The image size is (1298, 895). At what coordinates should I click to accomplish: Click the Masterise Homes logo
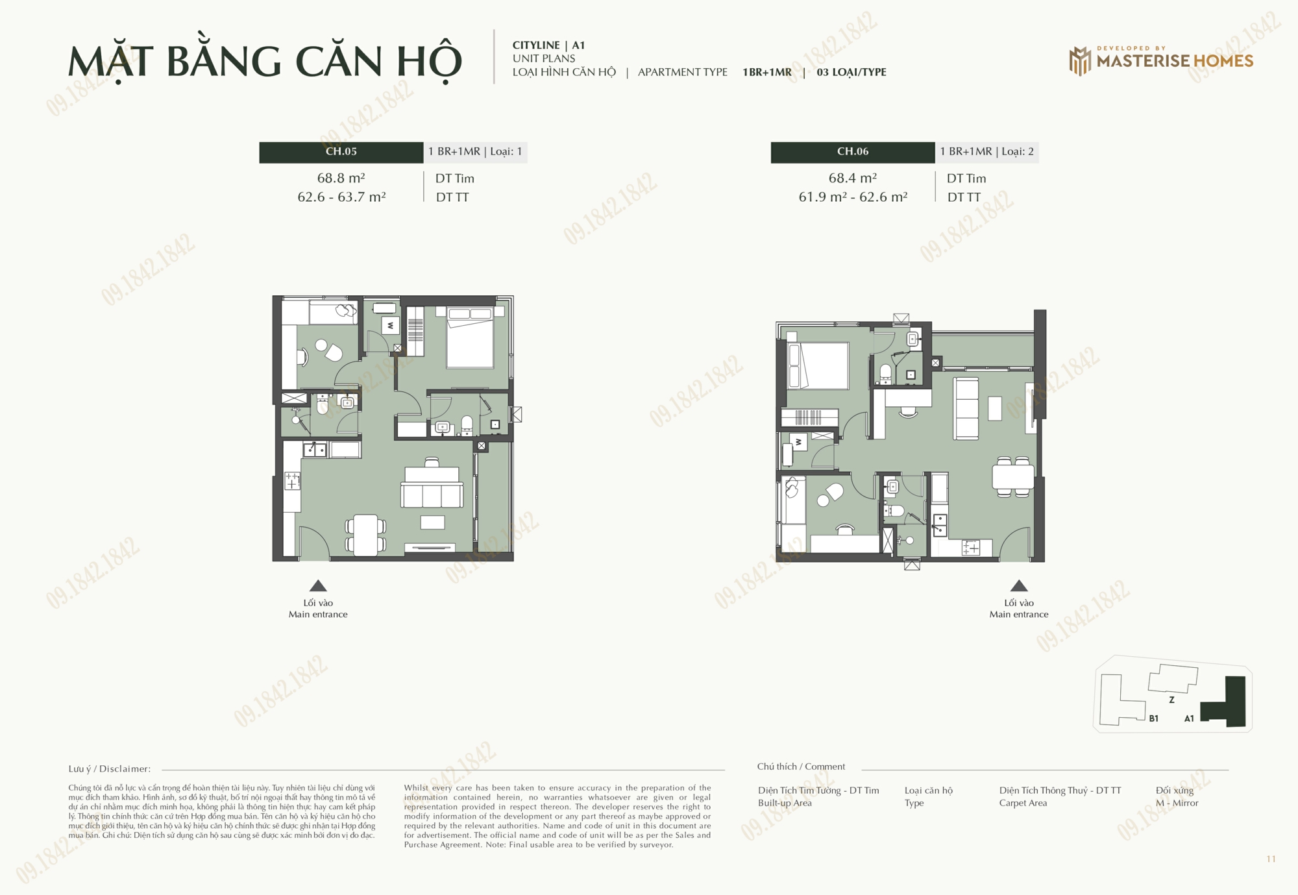[x=1161, y=60]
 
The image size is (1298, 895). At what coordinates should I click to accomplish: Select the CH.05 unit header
[x=341, y=152]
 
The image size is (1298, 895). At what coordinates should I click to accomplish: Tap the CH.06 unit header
[x=853, y=152]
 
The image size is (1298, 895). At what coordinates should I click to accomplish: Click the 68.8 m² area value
[x=341, y=178]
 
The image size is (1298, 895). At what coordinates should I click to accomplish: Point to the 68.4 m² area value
[x=852, y=178]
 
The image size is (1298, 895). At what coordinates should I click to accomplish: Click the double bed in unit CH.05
[x=470, y=337]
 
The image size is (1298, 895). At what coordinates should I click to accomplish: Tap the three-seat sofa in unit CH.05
[x=432, y=487]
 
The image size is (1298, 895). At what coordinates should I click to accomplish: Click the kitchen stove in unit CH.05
[x=292, y=481]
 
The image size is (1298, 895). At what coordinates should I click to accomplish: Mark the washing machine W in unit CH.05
[x=390, y=325]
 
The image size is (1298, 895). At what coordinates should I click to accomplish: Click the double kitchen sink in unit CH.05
[x=315, y=449]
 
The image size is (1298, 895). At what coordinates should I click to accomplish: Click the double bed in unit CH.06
[x=818, y=365]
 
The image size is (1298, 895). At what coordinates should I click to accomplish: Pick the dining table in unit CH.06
[x=1012, y=477]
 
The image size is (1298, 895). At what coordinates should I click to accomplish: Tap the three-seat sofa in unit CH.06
[x=966, y=408]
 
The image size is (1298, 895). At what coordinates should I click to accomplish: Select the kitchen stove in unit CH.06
[x=971, y=548]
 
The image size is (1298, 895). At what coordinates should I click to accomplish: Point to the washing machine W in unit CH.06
[x=798, y=442]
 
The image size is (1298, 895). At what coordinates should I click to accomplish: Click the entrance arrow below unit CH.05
[x=318, y=585]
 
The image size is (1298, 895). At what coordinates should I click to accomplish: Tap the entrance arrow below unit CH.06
[x=1019, y=585]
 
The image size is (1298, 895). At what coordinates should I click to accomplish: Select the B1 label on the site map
[x=1153, y=718]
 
